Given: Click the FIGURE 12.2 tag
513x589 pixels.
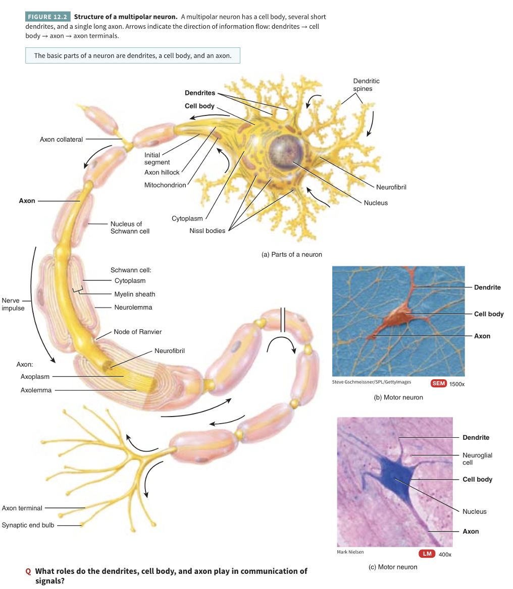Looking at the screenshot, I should [47, 17].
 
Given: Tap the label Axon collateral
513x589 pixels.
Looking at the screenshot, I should [61, 139].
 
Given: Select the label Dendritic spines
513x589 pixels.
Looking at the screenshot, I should [366, 85].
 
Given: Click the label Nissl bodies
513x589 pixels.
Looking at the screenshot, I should [207, 231].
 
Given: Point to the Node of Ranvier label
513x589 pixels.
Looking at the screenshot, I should [138, 332].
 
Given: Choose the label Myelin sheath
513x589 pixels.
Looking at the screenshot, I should [134, 294].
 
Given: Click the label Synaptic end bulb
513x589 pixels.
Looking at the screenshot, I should [28, 525].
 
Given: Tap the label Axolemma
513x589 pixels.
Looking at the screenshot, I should [36, 390].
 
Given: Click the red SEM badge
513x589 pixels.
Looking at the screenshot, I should [439, 383].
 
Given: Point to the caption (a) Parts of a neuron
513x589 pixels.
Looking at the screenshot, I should [291, 254].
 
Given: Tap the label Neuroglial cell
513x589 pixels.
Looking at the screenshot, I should [477, 458].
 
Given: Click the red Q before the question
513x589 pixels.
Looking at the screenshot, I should [28, 572].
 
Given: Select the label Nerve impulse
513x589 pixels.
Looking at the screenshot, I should [13, 304].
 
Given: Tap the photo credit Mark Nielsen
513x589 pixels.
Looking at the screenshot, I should [350, 552].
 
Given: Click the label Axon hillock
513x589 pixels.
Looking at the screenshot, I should [162, 172].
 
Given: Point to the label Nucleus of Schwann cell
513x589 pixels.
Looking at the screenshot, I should [130, 227].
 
